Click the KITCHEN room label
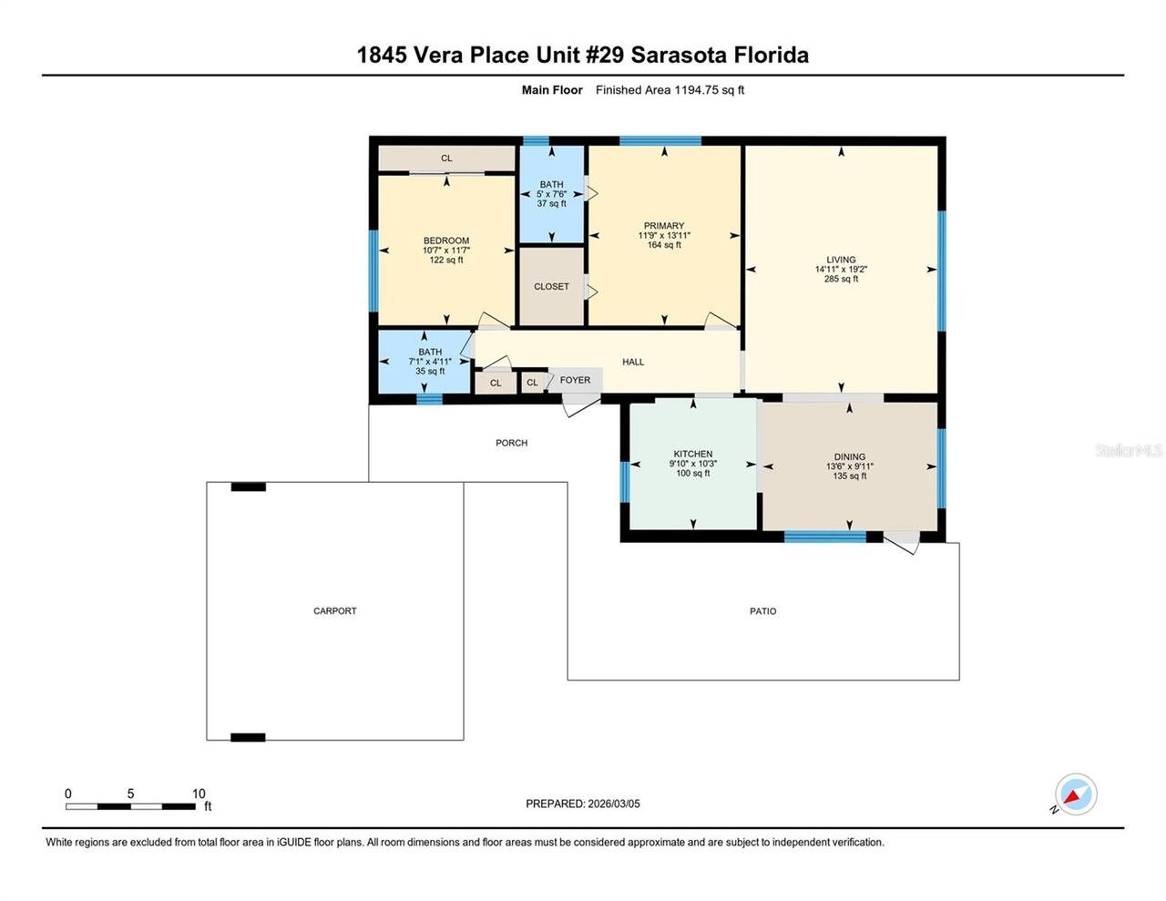[692, 454]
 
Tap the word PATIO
[762, 610]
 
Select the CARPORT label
[335, 610]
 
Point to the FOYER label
[575, 380]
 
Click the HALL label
[633, 362]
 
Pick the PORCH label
[511, 443]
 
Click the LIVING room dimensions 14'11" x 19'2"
[841, 270]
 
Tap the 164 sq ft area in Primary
[664, 245]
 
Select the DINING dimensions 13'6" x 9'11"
[849, 466]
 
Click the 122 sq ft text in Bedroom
[445, 260]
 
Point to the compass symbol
[1075, 794]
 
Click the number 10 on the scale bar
[199, 793]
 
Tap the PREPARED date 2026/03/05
[614, 804]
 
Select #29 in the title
[604, 55]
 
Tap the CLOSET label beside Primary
[551, 287]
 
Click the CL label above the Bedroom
[446, 159]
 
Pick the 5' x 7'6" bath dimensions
[552, 194]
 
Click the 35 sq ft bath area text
[430, 371]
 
